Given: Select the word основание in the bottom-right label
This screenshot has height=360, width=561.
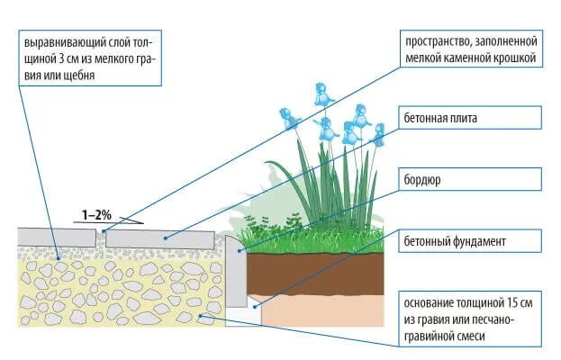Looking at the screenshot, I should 432,303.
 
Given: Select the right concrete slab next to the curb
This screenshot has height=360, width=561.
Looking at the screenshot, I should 162,238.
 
